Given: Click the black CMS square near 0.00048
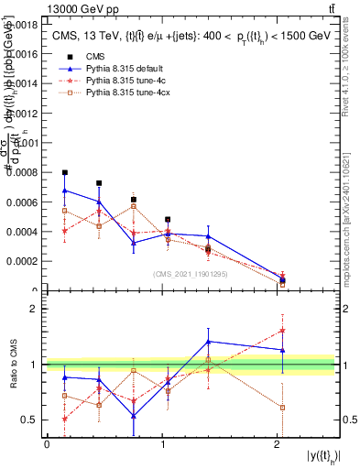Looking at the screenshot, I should click(168, 220).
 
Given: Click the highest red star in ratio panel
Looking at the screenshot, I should click(282, 331).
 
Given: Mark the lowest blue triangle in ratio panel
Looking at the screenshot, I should click(134, 416).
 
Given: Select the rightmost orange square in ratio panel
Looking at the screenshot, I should click(282, 407).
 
